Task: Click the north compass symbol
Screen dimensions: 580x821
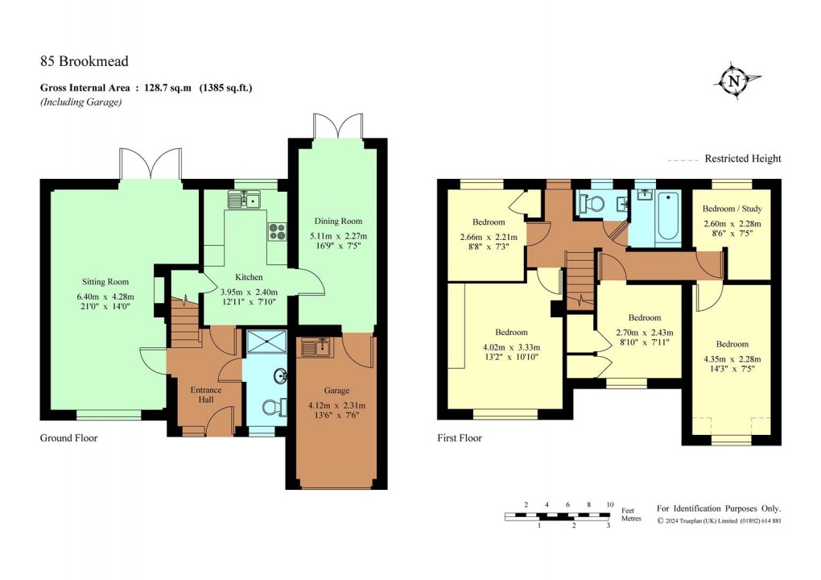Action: (x=733, y=81)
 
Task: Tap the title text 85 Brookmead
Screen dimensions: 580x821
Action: (x=85, y=61)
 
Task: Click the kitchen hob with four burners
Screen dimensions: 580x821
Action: (x=277, y=230)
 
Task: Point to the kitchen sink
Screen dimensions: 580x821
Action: (x=245, y=199)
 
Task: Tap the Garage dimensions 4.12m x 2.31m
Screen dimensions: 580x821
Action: (x=336, y=405)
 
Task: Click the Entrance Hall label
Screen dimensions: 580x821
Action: (x=206, y=395)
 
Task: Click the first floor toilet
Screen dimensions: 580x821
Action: (x=593, y=204)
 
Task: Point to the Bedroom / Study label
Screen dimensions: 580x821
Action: (x=732, y=209)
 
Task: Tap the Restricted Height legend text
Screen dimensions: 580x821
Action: (x=742, y=159)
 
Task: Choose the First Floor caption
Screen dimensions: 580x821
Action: (x=460, y=438)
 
